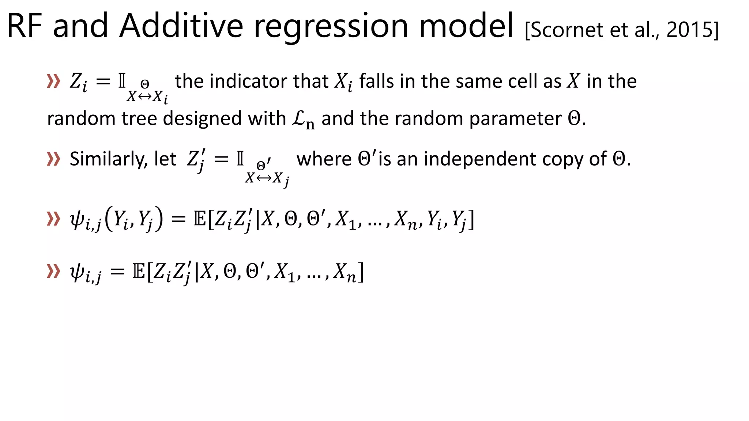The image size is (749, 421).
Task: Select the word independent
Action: (480, 159)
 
